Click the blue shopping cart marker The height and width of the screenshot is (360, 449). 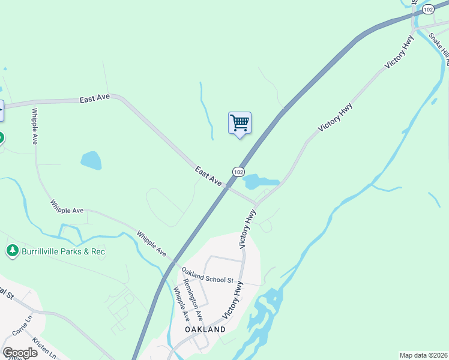[x=240, y=123]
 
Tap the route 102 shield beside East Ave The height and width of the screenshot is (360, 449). [x=238, y=172]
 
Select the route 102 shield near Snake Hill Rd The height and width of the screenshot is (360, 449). [x=427, y=9]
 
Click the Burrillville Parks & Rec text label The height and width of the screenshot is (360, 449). [x=64, y=251]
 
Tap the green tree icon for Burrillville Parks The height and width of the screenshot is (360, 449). [x=11, y=250]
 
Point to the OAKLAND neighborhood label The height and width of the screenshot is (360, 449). [x=205, y=329]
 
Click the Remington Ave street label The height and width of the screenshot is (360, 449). [x=193, y=300]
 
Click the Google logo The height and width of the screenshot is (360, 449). [x=20, y=352]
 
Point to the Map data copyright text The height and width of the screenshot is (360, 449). [x=423, y=355]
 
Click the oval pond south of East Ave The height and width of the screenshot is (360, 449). [x=91, y=160]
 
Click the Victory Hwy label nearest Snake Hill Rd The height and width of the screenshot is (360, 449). [x=400, y=53]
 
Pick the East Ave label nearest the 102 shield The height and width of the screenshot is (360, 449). [x=208, y=176]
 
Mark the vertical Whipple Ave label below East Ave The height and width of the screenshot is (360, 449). [x=35, y=127]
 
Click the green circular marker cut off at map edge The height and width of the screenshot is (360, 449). [x=1, y=138]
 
